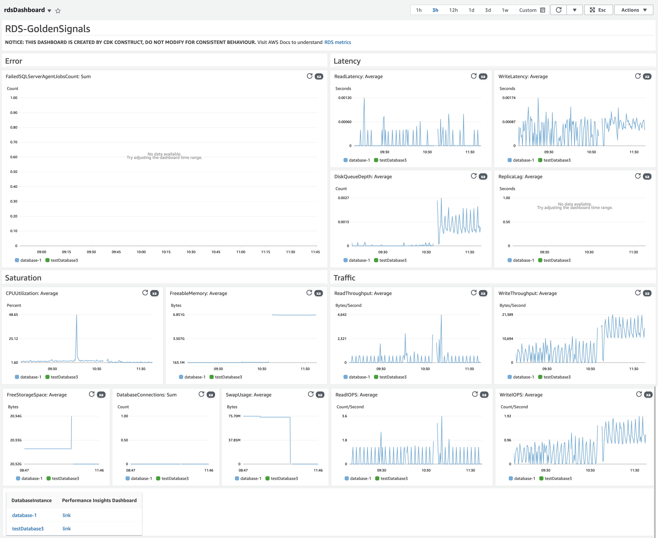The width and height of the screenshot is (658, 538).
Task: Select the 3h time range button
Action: [435, 10]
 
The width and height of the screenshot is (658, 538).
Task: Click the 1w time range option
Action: [505, 10]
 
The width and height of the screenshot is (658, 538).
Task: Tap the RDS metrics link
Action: [337, 42]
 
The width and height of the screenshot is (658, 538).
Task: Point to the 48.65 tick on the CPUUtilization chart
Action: [13, 314]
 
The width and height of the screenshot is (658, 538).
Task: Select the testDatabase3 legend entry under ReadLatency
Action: [392, 160]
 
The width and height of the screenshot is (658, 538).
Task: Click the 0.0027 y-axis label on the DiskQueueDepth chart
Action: [343, 198]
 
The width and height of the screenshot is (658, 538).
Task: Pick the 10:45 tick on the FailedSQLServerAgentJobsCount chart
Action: [216, 252]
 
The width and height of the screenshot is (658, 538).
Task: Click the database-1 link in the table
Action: [24, 515]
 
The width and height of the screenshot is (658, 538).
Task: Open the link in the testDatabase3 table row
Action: [67, 528]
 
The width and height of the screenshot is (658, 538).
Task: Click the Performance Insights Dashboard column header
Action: [99, 500]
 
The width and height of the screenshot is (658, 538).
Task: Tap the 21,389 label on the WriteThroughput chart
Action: [507, 314]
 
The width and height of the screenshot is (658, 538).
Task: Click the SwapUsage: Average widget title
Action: [248, 395]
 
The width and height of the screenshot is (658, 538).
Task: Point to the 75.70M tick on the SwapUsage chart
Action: [234, 416]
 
